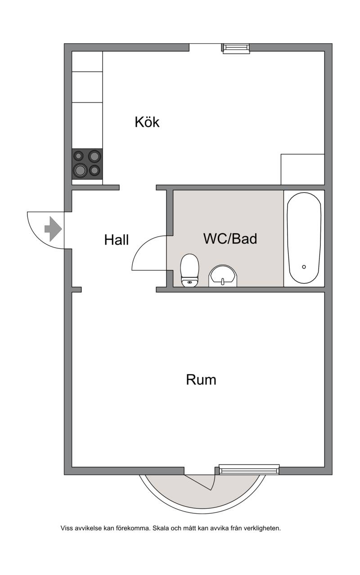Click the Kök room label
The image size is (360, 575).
[x=147, y=122]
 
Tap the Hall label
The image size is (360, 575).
[x=116, y=240]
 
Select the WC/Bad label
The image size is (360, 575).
[x=230, y=238]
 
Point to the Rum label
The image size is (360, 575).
[x=201, y=380]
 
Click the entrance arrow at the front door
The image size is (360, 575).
[x=53, y=229]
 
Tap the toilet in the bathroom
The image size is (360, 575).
[x=190, y=270]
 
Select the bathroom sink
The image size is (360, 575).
[x=223, y=276]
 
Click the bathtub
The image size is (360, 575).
[x=304, y=238]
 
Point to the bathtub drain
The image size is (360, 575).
[x=304, y=267]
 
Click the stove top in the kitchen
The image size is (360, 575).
[x=87, y=164]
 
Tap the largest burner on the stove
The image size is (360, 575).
[x=80, y=170]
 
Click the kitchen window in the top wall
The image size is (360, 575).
[x=236, y=49]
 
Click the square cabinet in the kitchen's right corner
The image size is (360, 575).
[x=303, y=170]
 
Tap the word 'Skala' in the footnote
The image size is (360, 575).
[x=161, y=528]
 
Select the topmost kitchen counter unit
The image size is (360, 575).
[x=87, y=62]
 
